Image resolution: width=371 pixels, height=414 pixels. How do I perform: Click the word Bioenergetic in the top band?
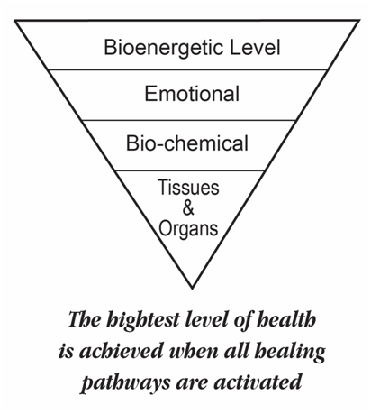(x=163, y=49)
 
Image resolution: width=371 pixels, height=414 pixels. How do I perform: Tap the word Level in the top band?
(x=255, y=47)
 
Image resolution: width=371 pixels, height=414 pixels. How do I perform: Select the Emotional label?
(x=192, y=94)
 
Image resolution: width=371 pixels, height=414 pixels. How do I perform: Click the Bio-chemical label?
(x=187, y=143)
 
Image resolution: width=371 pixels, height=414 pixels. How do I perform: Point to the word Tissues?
(x=188, y=188)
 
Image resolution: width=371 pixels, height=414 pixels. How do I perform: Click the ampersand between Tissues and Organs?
(x=188, y=207)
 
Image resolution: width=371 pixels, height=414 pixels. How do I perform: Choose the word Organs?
(x=188, y=229)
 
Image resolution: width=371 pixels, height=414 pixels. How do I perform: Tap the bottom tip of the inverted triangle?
(x=192, y=289)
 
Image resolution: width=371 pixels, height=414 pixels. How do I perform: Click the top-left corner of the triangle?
(x=15, y=21)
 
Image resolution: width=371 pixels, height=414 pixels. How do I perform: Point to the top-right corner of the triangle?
(x=358, y=21)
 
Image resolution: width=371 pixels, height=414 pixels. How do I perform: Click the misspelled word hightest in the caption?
(x=143, y=320)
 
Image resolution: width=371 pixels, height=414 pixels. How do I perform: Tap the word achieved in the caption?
(x=121, y=351)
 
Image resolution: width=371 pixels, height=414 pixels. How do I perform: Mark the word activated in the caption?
(x=258, y=382)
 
